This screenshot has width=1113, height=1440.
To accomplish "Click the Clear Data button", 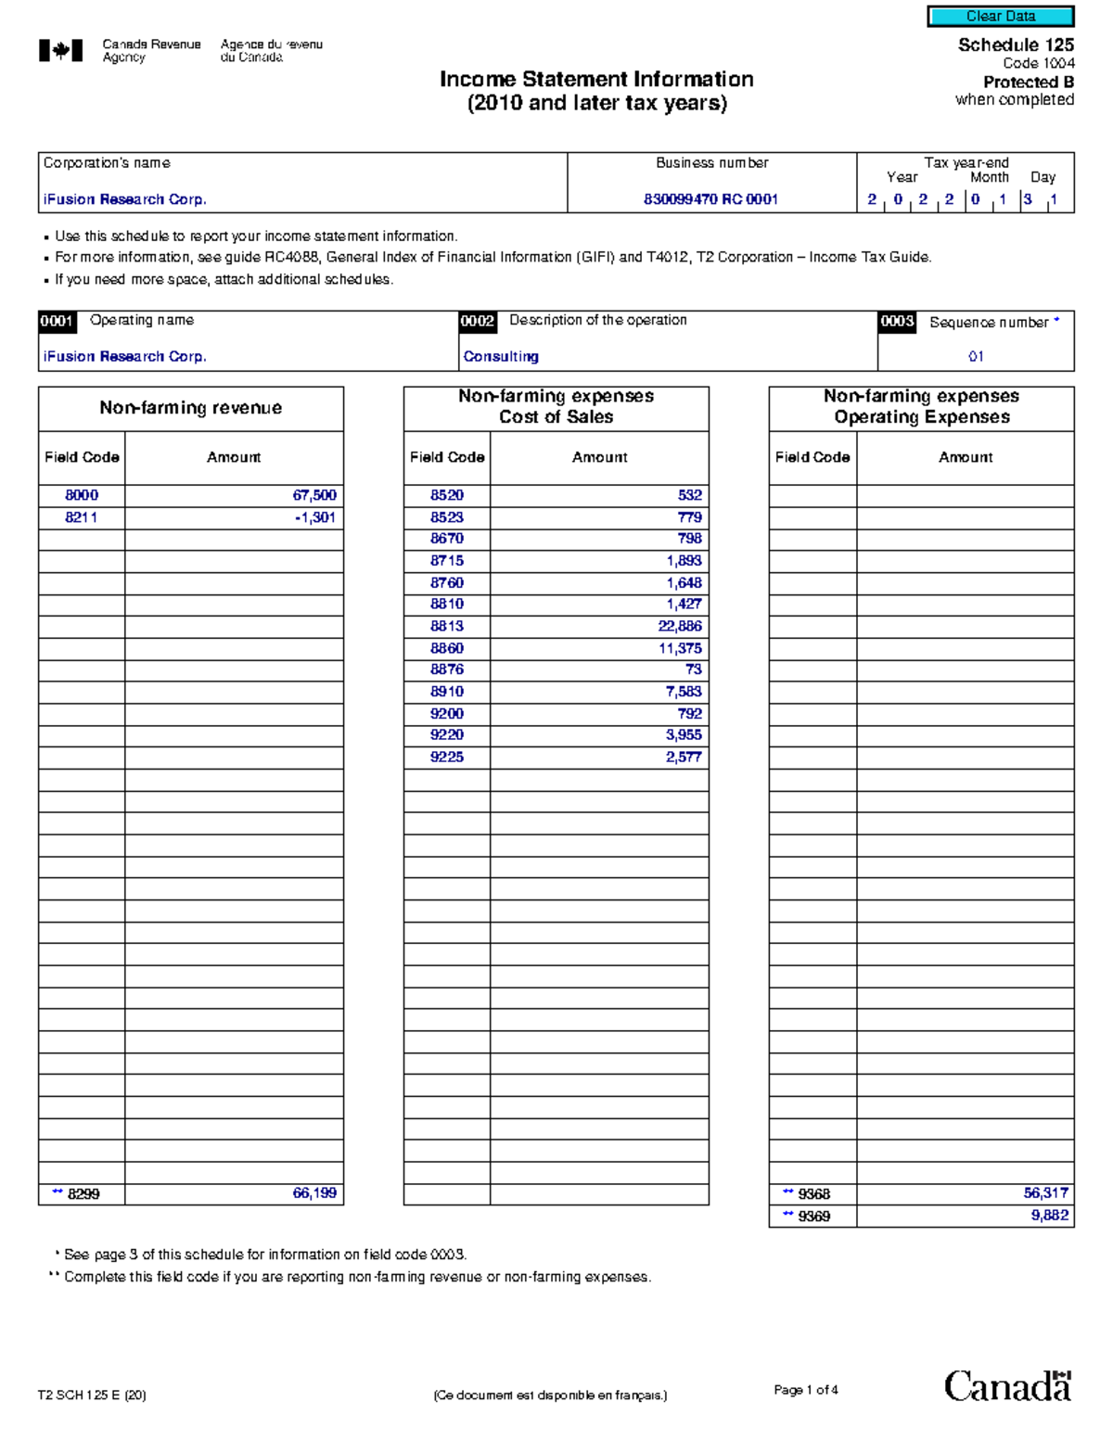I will (1000, 16).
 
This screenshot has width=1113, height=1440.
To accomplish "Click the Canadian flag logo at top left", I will (60, 51).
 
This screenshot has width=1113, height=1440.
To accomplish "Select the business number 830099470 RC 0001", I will (710, 199).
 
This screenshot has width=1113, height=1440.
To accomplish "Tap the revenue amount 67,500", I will (314, 495).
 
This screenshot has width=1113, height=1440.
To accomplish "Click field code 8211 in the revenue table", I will (82, 517).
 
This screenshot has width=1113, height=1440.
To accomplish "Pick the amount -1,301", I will (315, 517).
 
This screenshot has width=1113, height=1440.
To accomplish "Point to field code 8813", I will (446, 626).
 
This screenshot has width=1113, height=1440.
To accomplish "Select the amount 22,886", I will (680, 626).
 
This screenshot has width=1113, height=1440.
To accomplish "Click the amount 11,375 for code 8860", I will (680, 648).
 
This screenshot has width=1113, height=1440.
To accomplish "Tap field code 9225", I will (446, 757).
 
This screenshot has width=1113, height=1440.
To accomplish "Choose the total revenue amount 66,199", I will (314, 1193).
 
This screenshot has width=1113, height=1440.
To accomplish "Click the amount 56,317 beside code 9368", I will (1045, 1193).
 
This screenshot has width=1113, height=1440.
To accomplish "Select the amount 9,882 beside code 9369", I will (1049, 1216).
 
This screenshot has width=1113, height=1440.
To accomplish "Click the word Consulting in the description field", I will (501, 356).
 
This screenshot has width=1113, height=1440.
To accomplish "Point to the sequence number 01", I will (976, 356).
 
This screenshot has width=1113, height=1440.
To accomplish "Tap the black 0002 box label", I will (478, 321).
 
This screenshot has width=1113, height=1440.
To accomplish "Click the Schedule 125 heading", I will (1016, 45).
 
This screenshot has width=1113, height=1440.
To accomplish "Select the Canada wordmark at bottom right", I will (1007, 1387).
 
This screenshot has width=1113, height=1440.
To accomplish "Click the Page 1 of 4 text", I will (805, 1390).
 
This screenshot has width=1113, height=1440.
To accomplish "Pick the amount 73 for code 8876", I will (693, 669).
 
